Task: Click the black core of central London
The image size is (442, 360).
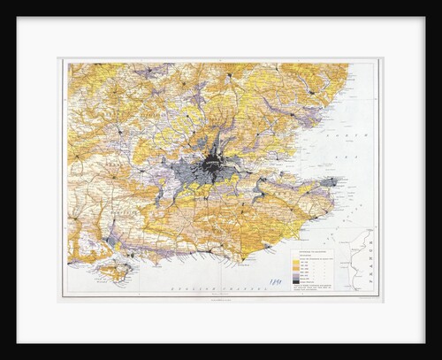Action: click(213, 165)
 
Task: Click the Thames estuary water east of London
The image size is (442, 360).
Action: click(292, 177)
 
